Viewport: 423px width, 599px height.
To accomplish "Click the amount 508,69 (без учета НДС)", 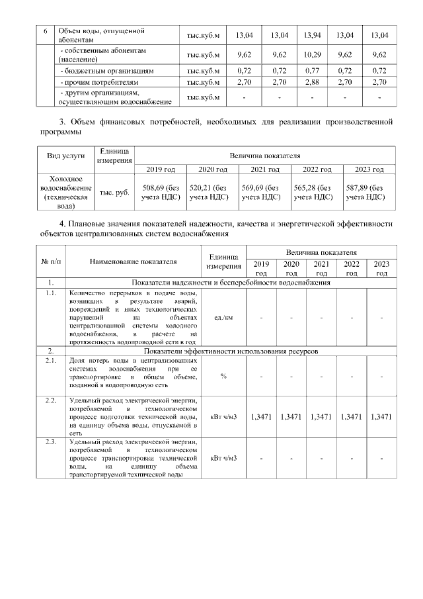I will [x=161, y=192].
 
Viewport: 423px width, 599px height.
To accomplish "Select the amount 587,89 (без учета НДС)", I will [x=370, y=192].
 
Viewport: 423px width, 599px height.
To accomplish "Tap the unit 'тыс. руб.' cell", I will [x=115, y=193].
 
